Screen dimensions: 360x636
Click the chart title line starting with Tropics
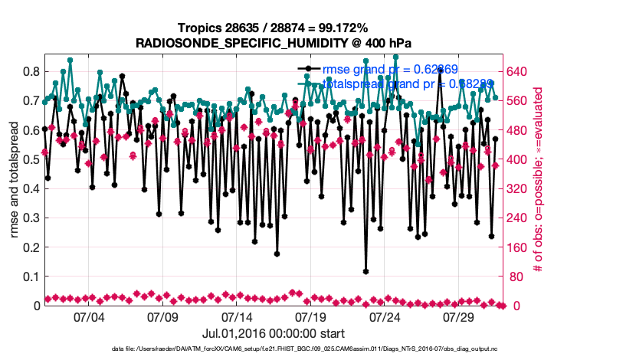(x=273, y=28)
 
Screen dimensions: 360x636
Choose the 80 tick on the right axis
(x=514, y=277)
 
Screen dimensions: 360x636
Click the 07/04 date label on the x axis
(x=88, y=317)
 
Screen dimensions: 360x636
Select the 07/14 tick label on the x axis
(x=237, y=317)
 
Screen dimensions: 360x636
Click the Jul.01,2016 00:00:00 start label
(x=273, y=333)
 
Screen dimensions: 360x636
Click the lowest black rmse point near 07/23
(x=366, y=271)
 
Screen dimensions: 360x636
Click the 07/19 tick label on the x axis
(x=311, y=317)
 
